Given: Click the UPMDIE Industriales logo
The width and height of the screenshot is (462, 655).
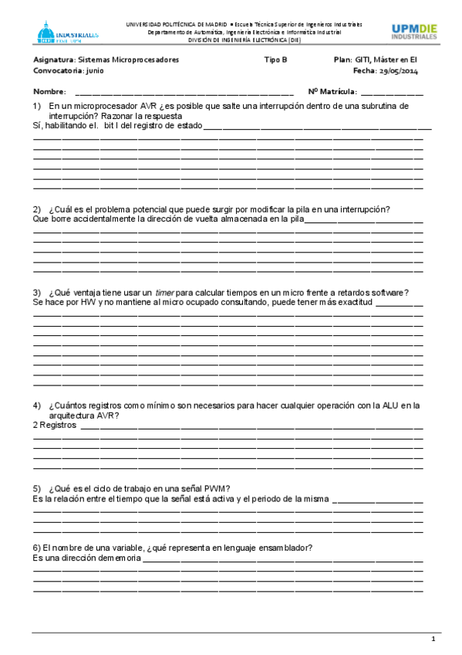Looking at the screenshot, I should pos(413,32).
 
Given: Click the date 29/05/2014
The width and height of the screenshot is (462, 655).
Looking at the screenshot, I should pos(400,70).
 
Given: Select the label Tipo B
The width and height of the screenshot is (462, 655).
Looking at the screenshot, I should pos(275,59).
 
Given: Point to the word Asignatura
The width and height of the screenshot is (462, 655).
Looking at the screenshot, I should pos(54,59).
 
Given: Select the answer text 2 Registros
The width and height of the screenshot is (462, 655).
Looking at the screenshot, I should pos(55,425).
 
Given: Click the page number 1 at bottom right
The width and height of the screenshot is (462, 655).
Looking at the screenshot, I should pos(433,639).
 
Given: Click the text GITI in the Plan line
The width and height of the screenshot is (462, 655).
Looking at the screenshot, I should pos(363,59).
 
